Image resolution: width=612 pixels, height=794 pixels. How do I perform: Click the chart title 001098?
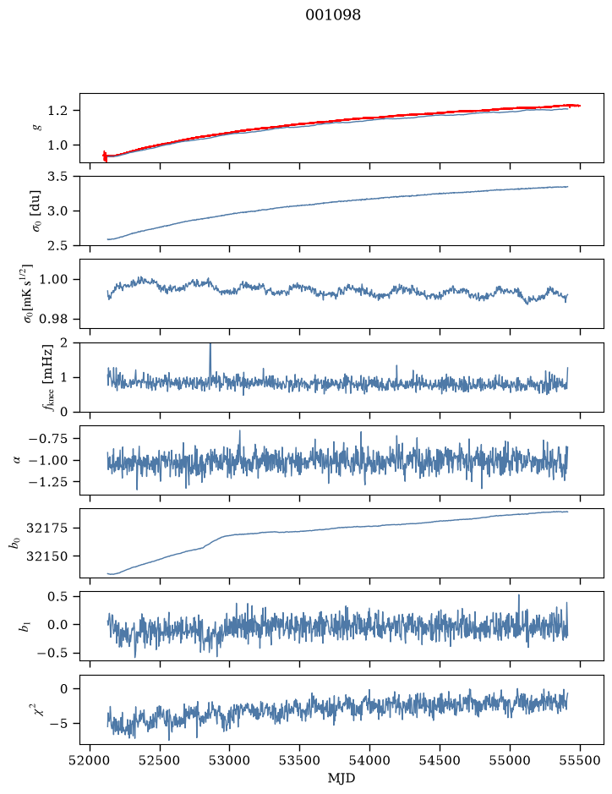tap(333, 15)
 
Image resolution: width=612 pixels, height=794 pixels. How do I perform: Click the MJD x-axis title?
tap(342, 778)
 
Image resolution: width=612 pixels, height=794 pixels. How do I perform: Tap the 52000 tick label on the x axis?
tap(90, 760)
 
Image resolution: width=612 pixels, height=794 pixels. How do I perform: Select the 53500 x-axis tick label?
tap(300, 760)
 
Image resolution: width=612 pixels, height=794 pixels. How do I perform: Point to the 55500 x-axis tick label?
tap(580, 760)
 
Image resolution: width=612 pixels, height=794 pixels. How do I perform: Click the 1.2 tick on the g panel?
tap(57, 111)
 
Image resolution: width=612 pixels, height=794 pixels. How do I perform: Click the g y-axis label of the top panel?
tap(36, 128)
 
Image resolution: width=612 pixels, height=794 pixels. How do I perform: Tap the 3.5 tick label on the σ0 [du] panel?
tap(57, 177)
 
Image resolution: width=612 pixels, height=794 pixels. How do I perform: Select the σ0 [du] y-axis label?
tap(36, 211)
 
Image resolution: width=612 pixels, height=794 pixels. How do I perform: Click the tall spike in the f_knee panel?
tap(210, 360)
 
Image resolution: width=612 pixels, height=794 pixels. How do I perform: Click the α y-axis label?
tap(17, 460)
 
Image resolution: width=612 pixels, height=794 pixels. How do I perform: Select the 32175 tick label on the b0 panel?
tap(46, 528)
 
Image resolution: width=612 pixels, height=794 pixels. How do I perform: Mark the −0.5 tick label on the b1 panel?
tap(52, 654)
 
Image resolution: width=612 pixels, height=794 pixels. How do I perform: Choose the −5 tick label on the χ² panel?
tap(58, 724)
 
